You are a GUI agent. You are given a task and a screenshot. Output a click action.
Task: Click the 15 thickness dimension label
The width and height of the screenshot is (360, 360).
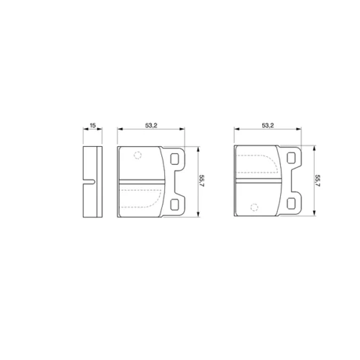point(93,125)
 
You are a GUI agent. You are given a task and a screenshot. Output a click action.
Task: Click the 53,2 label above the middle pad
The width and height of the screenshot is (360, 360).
point(151,125)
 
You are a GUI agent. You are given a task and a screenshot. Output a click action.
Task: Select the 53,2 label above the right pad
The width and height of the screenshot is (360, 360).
point(268,125)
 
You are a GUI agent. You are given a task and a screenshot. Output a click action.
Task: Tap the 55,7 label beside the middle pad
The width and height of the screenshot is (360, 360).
point(202,181)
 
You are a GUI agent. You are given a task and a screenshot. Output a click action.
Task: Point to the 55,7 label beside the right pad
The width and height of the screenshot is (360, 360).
point(318,181)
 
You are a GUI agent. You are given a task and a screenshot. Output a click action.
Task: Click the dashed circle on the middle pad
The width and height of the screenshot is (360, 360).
point(138,156)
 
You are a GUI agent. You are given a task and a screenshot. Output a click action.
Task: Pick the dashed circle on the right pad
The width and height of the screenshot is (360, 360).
point(254,207)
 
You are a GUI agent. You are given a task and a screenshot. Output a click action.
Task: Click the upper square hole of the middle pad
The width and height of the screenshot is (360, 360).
point(174,159)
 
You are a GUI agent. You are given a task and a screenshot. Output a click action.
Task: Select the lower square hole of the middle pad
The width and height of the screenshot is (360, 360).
point(174,204)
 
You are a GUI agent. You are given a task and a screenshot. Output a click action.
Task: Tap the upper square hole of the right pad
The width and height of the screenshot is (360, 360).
point(291,158)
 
